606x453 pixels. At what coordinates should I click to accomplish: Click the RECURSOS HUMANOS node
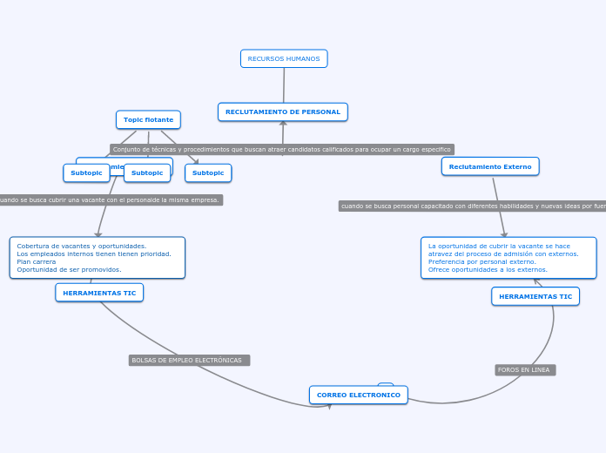[284, 58]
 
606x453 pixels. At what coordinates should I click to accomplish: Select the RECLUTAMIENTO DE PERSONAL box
[283, 112]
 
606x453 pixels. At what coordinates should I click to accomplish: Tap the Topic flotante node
[148, 119]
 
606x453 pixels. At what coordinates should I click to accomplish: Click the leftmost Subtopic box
[86, 172]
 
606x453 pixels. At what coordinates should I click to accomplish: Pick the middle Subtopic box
[147, 172]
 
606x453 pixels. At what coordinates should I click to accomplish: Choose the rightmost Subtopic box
[208, 172]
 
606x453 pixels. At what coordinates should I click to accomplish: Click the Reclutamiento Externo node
[490, 166]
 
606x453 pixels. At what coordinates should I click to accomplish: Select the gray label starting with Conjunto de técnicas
[282, 149]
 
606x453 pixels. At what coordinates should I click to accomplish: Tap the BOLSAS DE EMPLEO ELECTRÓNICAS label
[187, 360]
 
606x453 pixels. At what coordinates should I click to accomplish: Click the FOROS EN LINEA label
[524, 369]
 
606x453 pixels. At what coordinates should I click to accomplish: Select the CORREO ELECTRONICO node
[359, 395]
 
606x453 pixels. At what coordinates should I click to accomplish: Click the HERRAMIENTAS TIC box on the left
[99, 293]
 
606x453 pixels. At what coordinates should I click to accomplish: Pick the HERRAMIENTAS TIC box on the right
[535, 296]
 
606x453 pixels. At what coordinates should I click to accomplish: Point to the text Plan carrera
[37, 261]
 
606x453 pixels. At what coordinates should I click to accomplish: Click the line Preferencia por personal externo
[481, 261]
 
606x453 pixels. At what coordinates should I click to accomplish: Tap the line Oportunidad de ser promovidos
[69, 269]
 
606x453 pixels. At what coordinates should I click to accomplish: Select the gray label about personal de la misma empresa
[109, 199]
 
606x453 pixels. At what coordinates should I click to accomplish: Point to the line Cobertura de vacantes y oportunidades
[82, 246]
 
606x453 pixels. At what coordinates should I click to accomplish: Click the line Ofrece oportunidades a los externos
[488, 269]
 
